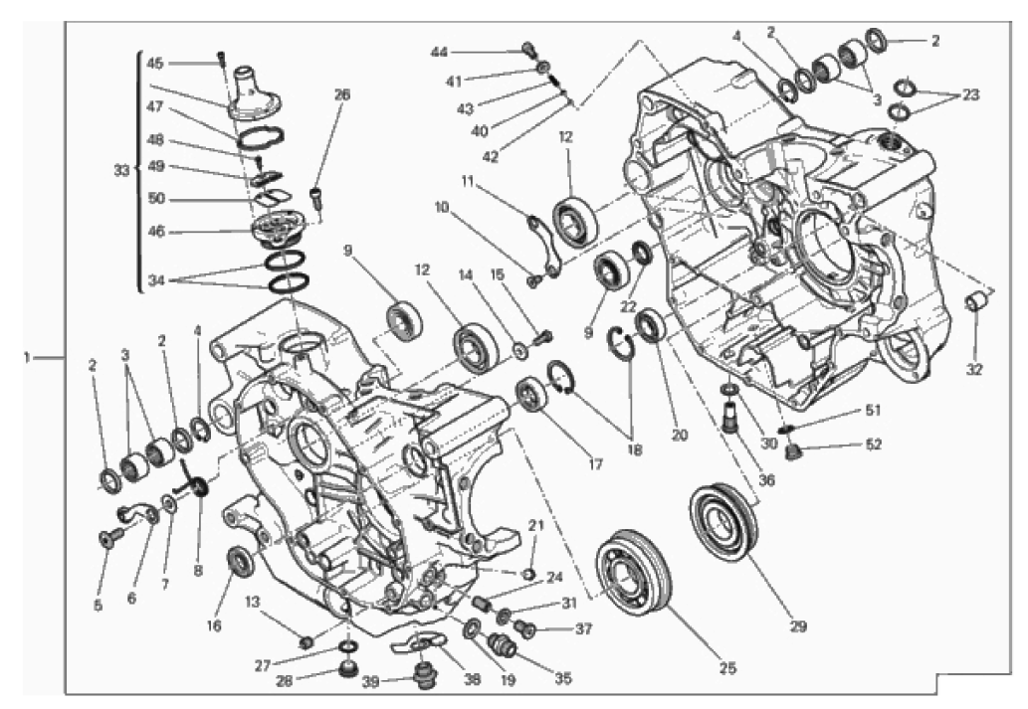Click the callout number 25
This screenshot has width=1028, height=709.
pos(727,667)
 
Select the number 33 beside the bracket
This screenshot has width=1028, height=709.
pos(121,170)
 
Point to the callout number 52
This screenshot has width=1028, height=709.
pos(874,444)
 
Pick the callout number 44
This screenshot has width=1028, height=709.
pos(439,52)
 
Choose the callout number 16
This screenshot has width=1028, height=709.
pos(214,625)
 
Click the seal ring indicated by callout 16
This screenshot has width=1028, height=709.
pos(240,561)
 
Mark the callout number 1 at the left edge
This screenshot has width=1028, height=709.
pos(27,358)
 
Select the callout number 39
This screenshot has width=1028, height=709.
pos(371,681)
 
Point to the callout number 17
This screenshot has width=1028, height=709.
pos(595,464)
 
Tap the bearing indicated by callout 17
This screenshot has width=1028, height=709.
pos(533,395)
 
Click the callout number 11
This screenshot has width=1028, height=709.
pos(466,182)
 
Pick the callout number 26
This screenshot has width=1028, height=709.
pos(341,94)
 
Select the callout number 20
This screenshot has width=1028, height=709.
pos(680,435)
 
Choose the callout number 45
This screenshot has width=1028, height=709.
pos(154,63)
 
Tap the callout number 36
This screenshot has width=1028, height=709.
pos(766,480)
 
